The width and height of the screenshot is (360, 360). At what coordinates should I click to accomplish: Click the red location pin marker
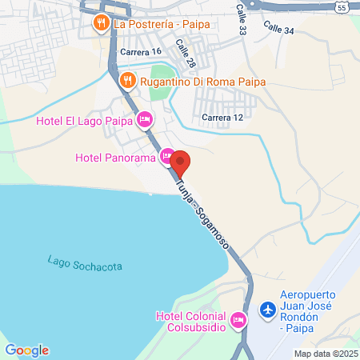pyautogui.click(x=180, y=163)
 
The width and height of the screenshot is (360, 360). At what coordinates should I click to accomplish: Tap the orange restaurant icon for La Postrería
pyautogui.click(x=101, y=22)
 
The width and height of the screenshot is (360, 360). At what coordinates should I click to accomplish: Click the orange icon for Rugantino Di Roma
pyautogui.click(x=127, y=81)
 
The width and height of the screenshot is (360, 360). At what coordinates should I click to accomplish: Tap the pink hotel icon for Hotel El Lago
pyautogui.click(x=145, y=121)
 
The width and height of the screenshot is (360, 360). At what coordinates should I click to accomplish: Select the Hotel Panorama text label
pyautogui.click(x=115, y=157)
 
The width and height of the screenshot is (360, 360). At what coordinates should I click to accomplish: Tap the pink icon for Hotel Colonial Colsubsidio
pyautogui.click(x=238, y=322)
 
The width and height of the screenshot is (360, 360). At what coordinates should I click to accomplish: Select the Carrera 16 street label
pyautogui.click(x=140, y=51)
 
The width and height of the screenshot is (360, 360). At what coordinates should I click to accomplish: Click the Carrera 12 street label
pyautogui.click(x=222, y=118)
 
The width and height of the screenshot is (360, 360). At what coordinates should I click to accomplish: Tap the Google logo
pyautogui.click(x=26, y=350)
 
